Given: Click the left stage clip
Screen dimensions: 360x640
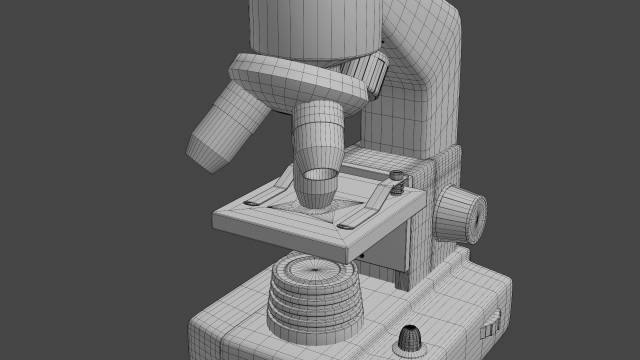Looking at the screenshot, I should tap(268, 191).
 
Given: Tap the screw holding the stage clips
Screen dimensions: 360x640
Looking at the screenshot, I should tap(396, 179).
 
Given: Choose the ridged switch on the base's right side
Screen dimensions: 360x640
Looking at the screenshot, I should tap(492, 322).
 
